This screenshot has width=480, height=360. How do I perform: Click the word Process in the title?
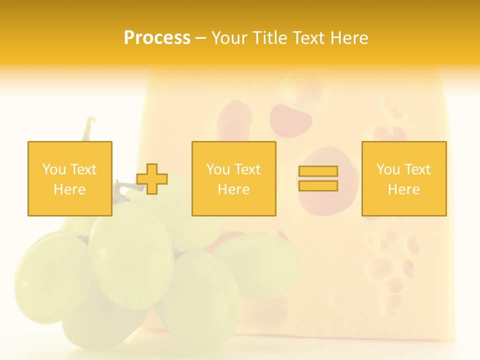coord(157,38)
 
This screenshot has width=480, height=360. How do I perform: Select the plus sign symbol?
coord(152,178)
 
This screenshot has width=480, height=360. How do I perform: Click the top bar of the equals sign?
coord(318,171)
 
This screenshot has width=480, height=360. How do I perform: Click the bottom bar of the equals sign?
coord(318,185)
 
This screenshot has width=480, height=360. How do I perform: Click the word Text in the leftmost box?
coord(83,169)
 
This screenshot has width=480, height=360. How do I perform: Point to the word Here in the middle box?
coord(234,189)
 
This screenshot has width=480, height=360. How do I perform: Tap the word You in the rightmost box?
coord(388,169)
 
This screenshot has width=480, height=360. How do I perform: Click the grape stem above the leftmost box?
coord(89,128)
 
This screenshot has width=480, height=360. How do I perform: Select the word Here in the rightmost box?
coord(404,189)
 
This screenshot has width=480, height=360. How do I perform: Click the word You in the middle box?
coord(218,169)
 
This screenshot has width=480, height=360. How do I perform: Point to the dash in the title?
coord(200,38)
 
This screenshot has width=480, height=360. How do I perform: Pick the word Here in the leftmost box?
coord(70,189)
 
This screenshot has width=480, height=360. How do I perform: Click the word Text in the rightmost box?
coord(417,169)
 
